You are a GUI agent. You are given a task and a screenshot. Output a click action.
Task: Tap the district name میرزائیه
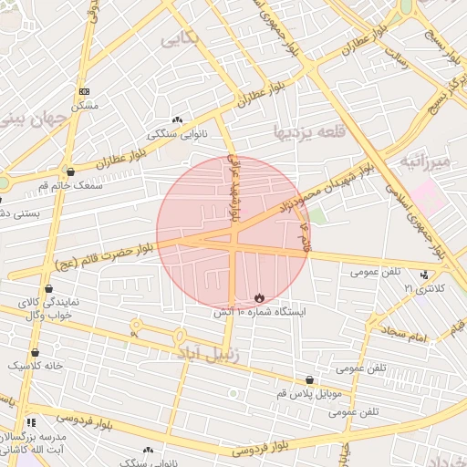[x=424, y=162]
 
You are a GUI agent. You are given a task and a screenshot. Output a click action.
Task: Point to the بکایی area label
[x=178, y=39]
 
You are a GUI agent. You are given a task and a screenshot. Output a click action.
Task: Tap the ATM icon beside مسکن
[x=85, y=91]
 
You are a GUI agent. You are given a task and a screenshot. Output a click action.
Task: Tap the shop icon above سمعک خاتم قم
[x=70, y=171]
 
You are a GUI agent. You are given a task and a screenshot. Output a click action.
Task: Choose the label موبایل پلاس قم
[x=308, y=393]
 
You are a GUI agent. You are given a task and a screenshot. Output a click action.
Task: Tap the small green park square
[x=316, y=216]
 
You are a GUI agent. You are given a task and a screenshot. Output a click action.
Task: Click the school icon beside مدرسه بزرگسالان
[x=31, y=422]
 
